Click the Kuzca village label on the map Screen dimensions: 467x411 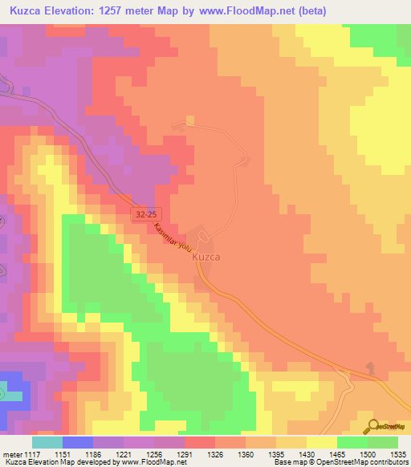[206, 258]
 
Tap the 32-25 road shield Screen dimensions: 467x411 [144, 214]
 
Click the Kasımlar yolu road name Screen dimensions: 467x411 [173, 238]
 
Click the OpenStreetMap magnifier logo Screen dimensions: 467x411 [372, 425]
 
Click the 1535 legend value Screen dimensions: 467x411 [398, 453]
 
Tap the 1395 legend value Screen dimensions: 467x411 [275, 453]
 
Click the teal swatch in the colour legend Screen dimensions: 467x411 [47, 442]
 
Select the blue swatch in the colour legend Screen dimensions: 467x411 [77, 442]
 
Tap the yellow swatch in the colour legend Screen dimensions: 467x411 [321, 442]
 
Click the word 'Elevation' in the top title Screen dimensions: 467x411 [80, 10]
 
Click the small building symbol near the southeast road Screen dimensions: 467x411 [371, 368]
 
